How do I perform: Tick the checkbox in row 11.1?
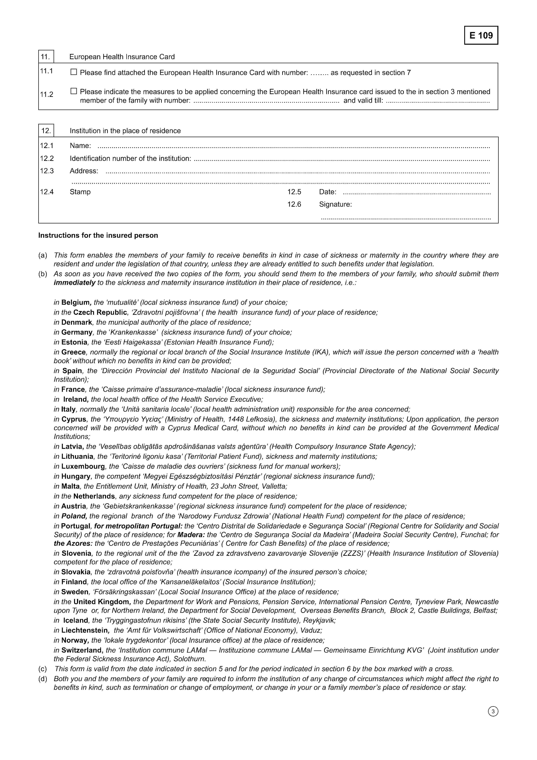[x=73, y=72]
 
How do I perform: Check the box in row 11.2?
[x=73, y=91]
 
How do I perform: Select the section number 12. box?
[x=46, y=130]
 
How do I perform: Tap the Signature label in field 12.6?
[x=335, y=204]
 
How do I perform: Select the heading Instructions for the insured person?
[x=98, y=235]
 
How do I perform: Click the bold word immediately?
[x=74, y=283]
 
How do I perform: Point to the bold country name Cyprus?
[x=74, y=419]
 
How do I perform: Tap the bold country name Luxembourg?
[x=83, y=466]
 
